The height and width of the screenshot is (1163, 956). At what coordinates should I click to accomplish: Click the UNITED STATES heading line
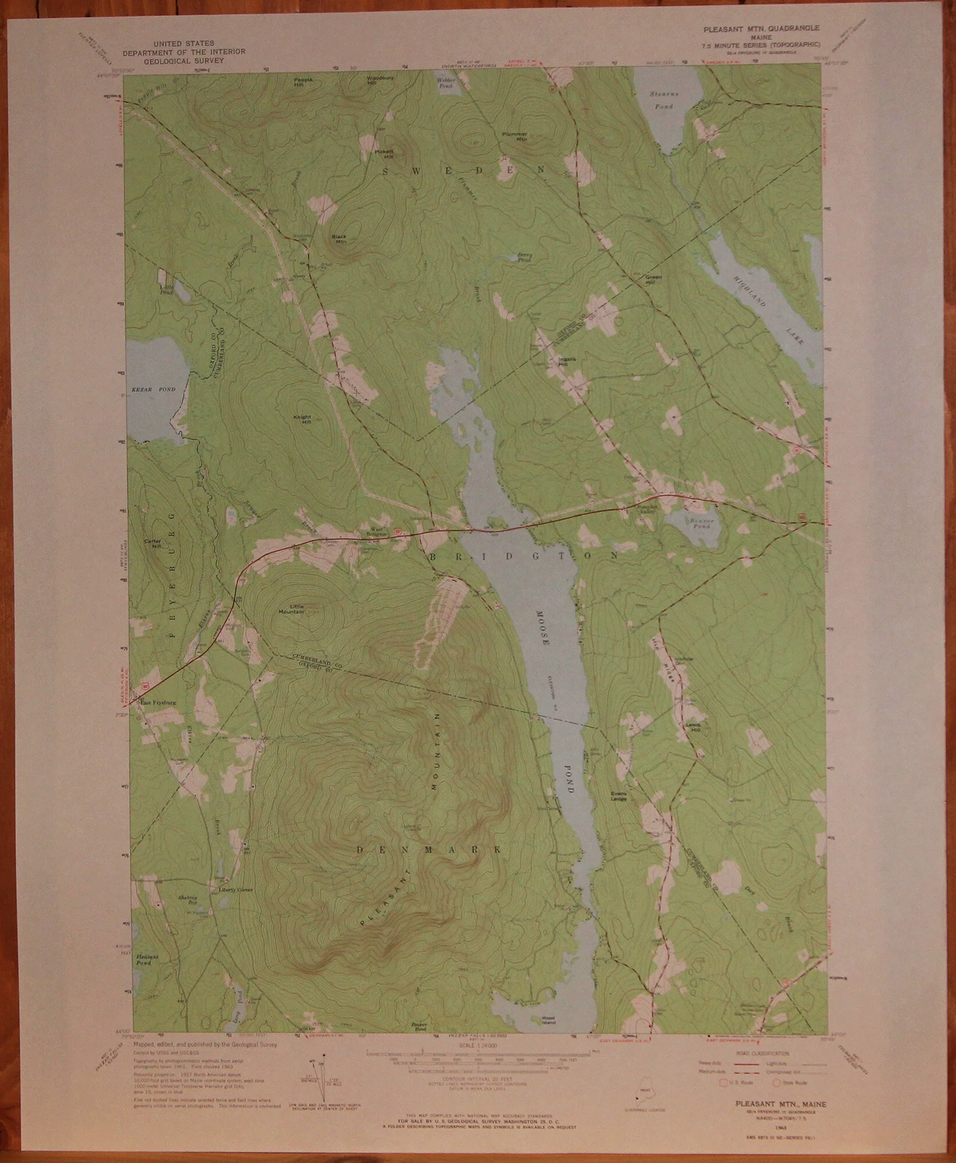tap(184, 44)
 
